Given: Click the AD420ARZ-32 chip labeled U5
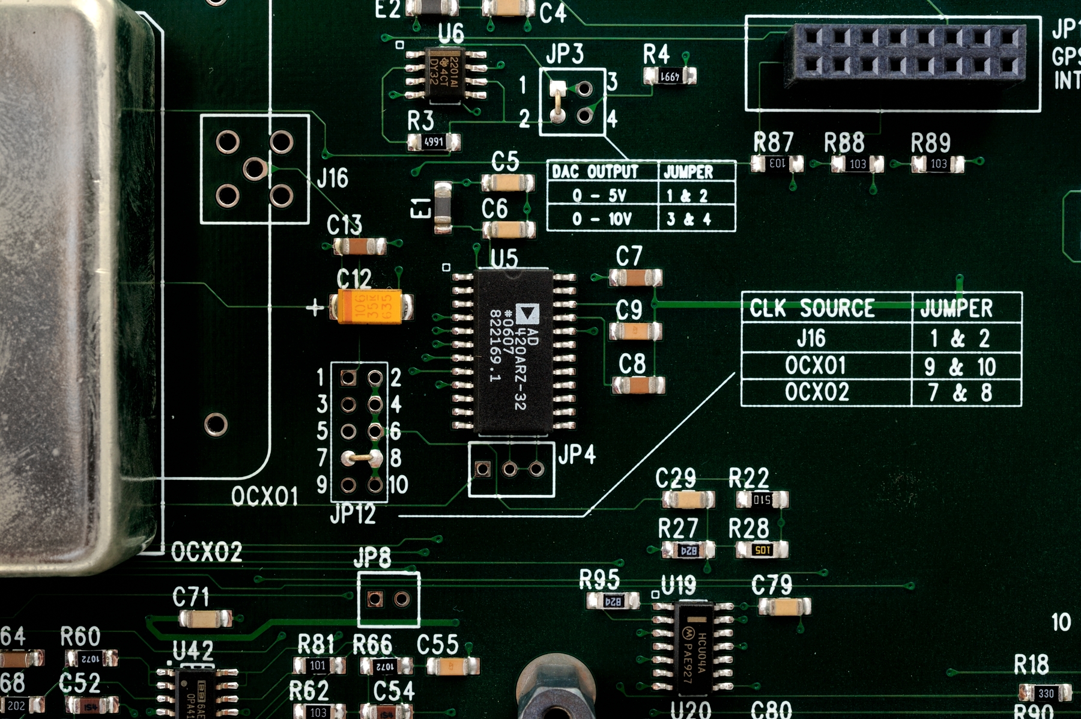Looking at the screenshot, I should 513,351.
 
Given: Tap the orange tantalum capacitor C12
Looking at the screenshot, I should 370,307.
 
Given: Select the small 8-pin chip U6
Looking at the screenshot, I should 446,74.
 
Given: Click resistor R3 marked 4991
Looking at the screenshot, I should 434,142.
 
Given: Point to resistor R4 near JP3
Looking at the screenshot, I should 670,76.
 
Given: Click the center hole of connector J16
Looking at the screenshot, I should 254,169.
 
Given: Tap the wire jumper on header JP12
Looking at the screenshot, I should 361,458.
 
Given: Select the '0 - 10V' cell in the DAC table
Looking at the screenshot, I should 602,219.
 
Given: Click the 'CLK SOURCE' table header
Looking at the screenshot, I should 826,308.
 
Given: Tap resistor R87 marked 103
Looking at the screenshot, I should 777,163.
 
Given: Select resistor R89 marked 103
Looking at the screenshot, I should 937,164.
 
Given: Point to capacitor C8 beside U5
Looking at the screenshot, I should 638,384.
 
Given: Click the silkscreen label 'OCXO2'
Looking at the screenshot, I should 207,551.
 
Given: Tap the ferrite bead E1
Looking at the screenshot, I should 443,208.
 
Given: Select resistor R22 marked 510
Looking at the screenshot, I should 762,499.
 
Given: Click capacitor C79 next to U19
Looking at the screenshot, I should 784,607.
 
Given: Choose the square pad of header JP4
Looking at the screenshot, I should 482,469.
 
